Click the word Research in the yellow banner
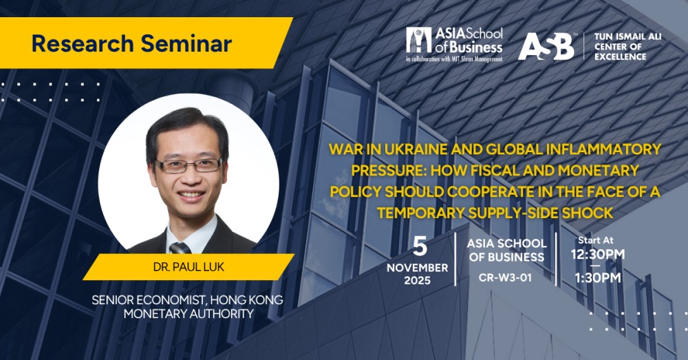83,43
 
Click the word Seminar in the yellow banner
186,43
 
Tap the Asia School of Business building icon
419,41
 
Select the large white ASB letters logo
546,46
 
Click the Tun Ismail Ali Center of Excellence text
627,47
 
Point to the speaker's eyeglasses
188,165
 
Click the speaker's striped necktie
180,248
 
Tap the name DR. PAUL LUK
189,267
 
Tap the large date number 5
420,246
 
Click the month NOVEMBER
418,268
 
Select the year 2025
418,281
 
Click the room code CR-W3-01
505,278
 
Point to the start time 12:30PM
598,255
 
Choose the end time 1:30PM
598,278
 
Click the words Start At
596,240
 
